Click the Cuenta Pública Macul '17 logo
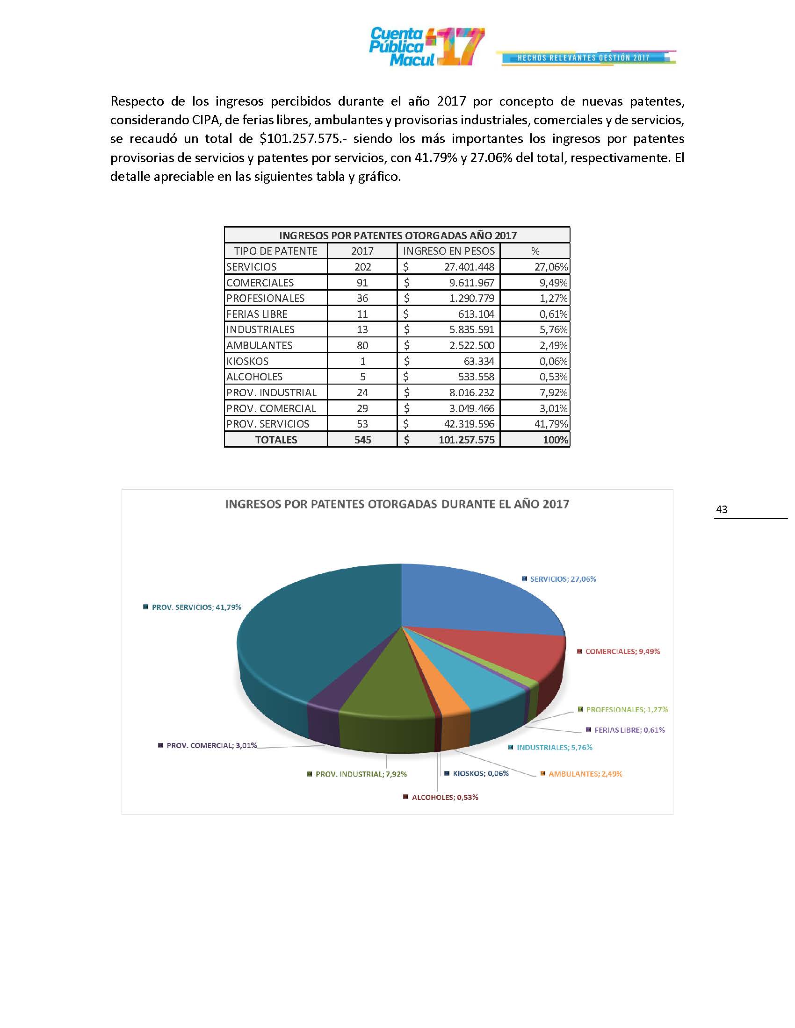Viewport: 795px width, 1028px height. [x=426, y=47]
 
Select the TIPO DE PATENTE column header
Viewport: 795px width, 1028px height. [x=275, y=251]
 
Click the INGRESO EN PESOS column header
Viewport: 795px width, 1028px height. [x=448, y=251]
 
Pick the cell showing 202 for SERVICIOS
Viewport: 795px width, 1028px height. [x=362, y=267]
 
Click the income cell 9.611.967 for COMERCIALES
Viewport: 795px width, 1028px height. [x=469, y=283]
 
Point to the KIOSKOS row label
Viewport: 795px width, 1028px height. [x=247, y=362]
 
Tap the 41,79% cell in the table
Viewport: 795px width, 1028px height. [x=553, y=424]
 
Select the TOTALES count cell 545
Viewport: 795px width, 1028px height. [x=362, y=440]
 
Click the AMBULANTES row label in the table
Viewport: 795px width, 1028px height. [x=259, y=345]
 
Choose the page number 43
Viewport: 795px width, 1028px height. [x=721, y=509]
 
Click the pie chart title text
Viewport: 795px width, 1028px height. [x=397, y=504]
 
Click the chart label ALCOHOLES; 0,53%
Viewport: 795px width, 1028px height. [x=445, y=797]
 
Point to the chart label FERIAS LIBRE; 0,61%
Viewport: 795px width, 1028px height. [x=629, y=730]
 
